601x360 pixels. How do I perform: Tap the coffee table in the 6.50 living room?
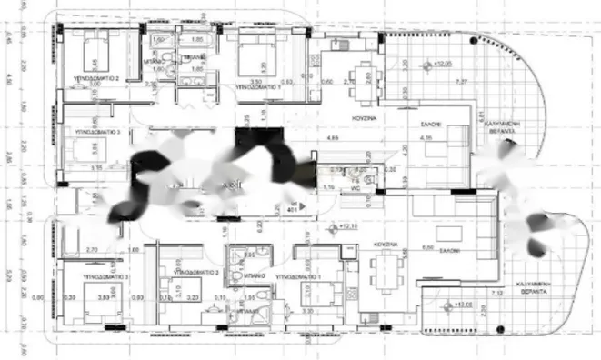[447, 230]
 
